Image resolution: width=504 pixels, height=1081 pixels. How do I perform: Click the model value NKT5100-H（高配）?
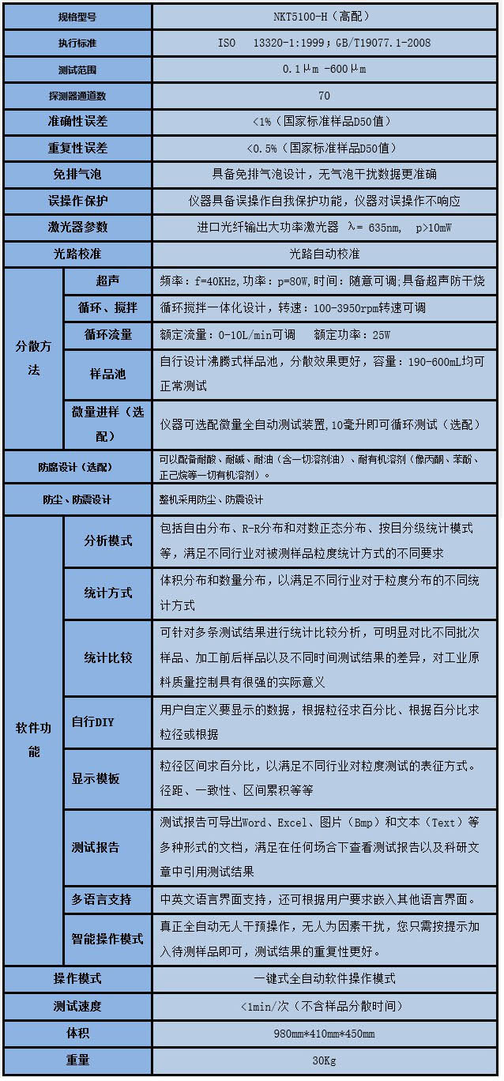pyautogui.click(x=324, y=16)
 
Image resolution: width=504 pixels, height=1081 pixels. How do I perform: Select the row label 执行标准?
pyautogui.click(x=77, y=43)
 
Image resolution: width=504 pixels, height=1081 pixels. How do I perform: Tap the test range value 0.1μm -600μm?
pyautogui.click(x=324, y=69)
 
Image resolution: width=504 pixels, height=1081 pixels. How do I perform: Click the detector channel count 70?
pyautogui.click(x=324, y=96)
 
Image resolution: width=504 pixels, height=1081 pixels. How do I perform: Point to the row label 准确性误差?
pyautogui.click(x=77, y=122)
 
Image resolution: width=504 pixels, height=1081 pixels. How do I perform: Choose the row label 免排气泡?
pyautogui.click(x=77, y=174)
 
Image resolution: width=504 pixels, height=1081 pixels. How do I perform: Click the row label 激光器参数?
pyautogui.click(x=77, y=227)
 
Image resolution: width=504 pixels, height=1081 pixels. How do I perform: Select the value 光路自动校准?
pyautogui.click(x=324, y=254)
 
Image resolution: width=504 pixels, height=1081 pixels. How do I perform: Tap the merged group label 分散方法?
pyautogui.click(x=33, y=358)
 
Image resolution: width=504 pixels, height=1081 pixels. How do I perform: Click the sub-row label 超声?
pyautogui.click(x=107, y=281)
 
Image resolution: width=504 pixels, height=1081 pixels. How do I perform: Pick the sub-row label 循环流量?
pyautogui.click(x=107, y=334)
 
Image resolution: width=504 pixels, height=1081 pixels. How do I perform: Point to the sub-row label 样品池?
pyautogui.click(x=107, y=374)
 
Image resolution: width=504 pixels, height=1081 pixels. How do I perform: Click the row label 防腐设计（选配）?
pyautogui.click(x=77, y=467)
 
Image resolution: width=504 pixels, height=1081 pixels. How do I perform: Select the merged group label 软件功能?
pyautogui.click(x=33, y=740)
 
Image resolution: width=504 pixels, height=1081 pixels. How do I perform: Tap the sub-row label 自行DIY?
pyautogui.click(x=93, y=721)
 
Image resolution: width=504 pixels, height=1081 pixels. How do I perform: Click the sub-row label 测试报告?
pyautogui.click(x=96, y=847)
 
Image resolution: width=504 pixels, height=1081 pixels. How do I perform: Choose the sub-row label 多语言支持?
pyautogui.click(x=101, y=899)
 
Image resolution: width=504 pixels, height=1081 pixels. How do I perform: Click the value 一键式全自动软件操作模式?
pyautogui.click(x=324, y=978)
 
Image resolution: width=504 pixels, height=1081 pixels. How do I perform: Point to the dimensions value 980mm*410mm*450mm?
pyautogui.click(x=324, y=1034)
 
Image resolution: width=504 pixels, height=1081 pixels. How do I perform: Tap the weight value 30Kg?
pyautogui.click(x=324, y=1060)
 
